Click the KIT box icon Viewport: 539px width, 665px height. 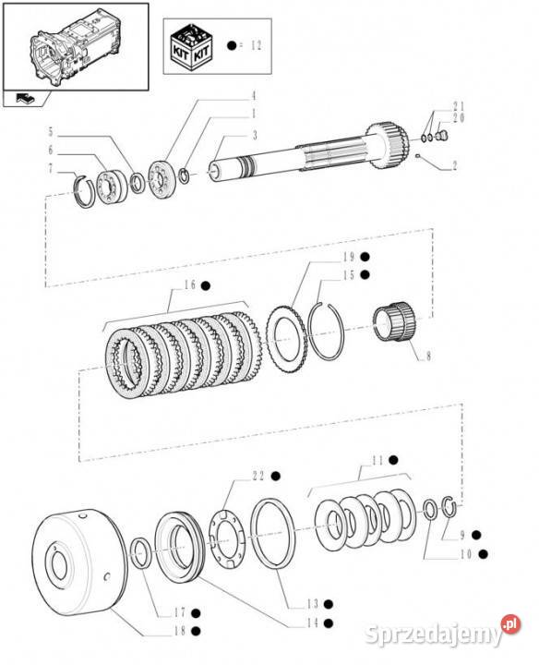(x=191, y=47)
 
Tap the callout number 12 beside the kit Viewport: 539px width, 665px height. (x=257, y=45)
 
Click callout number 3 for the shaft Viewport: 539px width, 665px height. (x=255, y=135)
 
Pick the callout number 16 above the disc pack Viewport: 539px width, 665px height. (x=190, y=284)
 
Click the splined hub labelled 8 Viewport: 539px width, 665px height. (x=394, y=320)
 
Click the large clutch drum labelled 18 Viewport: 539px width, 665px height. (x=80, y=562)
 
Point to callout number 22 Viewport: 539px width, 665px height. (x=258, y=476)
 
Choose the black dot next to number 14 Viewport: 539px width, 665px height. (x=328, y=623)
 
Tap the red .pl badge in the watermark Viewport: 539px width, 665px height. (x=511, y=623)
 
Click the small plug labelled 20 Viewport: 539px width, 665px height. (x=441, y=136)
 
